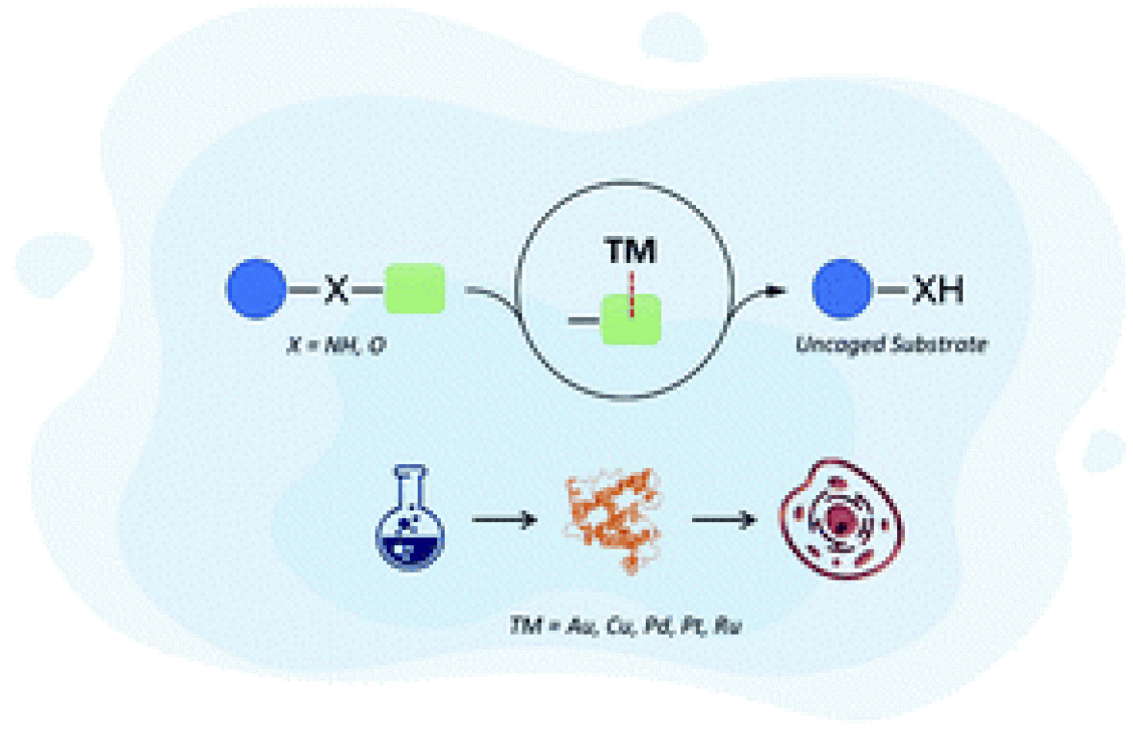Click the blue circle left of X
pyautogui.click(x=257, y=288)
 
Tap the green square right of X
pyautogui.click(x=414, y=288)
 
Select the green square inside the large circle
pyautogui.click(x=631, y=319)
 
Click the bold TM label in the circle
pyautogui.click(x=631, y=252)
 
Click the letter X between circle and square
pyautogui.click(x=334, y=289)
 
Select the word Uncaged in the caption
pyautogui.click(x=832, y=343)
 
